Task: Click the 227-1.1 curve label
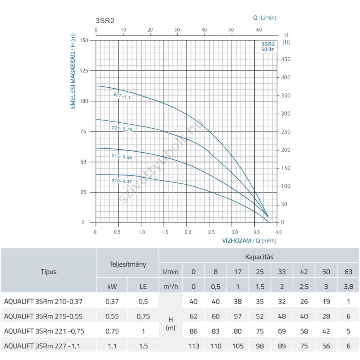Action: tap(122, 96)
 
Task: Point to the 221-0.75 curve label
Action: tap(122, 129)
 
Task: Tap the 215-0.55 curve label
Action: tap(122, 156)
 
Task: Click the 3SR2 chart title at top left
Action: tap(105, 21)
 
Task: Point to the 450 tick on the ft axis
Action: tap(286, 59)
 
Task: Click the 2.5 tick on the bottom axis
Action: tap(211, 232)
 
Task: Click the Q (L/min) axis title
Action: tap(264, 18)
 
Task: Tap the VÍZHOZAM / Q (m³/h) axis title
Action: tap(249, 241)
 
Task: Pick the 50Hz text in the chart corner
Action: tap(268, 49)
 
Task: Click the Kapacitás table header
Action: tap(259, 257)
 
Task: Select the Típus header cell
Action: tap(48, 272)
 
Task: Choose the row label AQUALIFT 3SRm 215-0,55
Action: tap(43, 316)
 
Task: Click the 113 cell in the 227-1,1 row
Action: tap(194, 346)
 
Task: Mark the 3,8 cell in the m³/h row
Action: tap(348, 287)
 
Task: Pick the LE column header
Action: tap(143, 287)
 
